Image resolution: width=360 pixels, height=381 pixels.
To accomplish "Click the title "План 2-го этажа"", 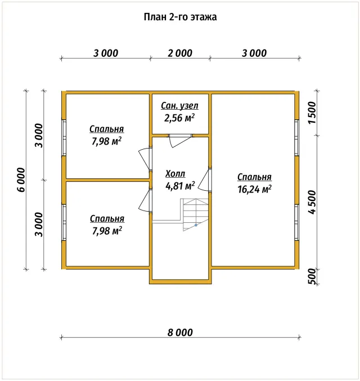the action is point(180,17).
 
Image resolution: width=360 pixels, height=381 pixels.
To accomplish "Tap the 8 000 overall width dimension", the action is point(180,333).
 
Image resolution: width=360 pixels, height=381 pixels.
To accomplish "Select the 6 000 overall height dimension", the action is point(21,180).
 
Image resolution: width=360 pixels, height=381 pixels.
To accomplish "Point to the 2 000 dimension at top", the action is point(180,53).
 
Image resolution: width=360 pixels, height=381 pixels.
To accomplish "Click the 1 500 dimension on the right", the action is point(312,113).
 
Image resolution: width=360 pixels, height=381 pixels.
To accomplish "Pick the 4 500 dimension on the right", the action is point(312,202).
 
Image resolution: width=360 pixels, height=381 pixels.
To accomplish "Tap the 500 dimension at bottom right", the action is point(312,276).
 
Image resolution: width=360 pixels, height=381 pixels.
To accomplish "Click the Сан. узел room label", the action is point(180,106).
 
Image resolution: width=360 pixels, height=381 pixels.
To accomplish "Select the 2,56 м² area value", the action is point(179,118).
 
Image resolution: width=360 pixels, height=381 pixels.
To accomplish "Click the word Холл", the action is point(175,174).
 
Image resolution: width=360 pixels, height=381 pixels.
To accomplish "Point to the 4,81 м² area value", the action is point(180,186).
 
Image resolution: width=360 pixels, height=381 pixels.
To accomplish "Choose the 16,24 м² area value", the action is point(254,189).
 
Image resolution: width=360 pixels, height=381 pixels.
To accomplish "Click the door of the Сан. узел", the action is point(180,141).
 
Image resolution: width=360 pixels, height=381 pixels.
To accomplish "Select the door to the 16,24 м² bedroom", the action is point(205,180).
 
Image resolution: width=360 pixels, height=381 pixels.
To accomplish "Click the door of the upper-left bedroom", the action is point(145,159).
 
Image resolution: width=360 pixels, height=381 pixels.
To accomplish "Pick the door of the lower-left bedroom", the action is point(145,200).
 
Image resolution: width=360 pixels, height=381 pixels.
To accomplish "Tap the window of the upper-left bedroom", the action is point(64,138).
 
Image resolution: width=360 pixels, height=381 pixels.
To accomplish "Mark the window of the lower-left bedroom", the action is point(64,222).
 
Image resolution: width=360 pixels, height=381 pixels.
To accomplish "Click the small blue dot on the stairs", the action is point(196,225).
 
